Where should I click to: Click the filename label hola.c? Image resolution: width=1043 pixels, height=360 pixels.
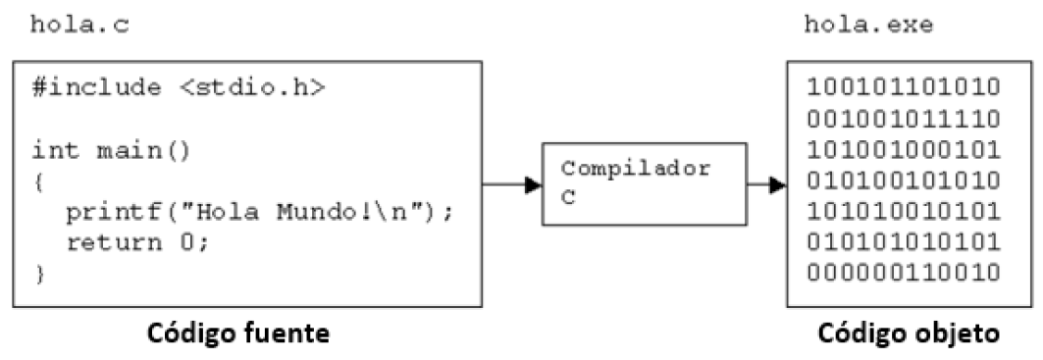point(73,25)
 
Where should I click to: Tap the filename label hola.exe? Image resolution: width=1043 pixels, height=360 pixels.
point(868,25)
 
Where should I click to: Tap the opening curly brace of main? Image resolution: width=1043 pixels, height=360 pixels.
point(39,181)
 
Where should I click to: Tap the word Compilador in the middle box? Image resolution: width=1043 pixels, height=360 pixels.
point(636,168)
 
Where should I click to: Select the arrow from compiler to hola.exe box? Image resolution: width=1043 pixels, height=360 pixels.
point(766,184)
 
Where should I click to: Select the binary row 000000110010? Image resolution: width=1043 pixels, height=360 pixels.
point(903,272)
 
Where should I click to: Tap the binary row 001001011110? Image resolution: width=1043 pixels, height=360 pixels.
point(903,119)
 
